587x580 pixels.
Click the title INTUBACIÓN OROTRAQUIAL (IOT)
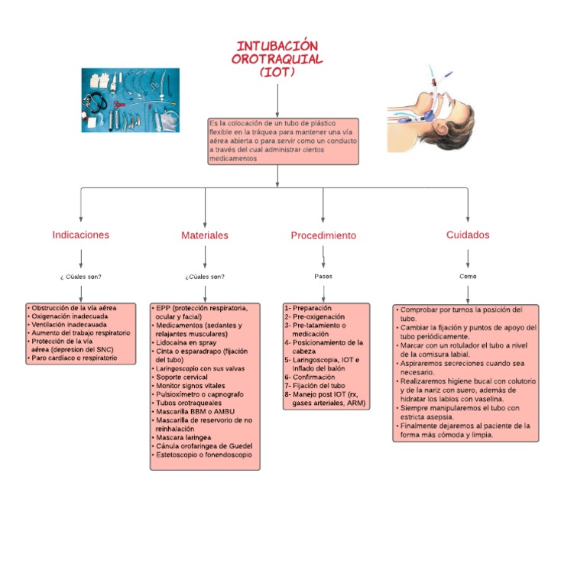click(x=277, y=59)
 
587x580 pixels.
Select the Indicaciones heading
click(x=80, y=235)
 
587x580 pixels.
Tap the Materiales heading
click(x=204, y=235)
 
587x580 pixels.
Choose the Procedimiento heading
click(x=323, y=235)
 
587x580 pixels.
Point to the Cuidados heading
click(x=468, y=235)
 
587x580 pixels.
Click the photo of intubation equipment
click(x=130, y=100)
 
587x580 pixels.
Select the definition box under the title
click(x=283, y=141)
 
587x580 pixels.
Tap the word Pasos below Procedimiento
click(x=323, y=276)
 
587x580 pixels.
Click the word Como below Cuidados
click(x=468, y=276)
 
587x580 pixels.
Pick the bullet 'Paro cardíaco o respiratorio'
click(x=74, y=358)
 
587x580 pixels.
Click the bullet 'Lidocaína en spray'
click(x=186, y=343)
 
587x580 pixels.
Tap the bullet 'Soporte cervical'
click(x=184, y=377)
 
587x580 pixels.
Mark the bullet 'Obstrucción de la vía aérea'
click(x=73, y=307)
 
